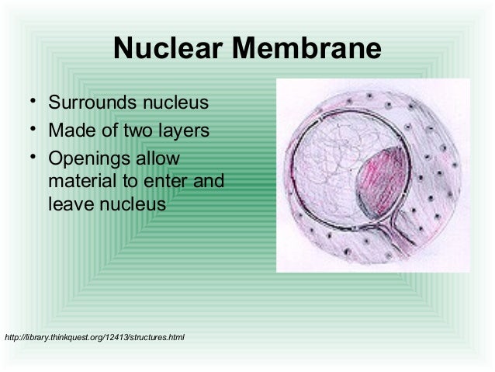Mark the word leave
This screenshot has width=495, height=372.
[x=69, y=205]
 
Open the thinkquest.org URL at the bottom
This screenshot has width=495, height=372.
[x=94, y=337]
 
